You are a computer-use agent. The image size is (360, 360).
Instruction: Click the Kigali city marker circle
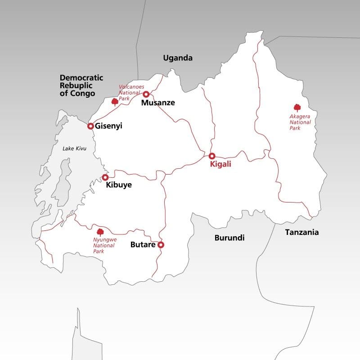212,156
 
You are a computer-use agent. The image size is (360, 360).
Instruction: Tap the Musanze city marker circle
146,94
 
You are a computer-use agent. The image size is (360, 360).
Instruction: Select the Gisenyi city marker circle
90,126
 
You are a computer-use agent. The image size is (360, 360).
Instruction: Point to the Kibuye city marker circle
105,177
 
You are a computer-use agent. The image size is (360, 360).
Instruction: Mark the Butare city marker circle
161,245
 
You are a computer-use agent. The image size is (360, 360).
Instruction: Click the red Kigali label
220,165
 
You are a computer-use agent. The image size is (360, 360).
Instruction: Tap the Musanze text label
158,103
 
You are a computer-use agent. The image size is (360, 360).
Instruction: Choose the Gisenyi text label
109,126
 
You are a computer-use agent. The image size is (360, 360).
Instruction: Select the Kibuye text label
119,184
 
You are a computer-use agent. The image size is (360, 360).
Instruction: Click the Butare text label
143,245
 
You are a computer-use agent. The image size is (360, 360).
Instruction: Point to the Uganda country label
178,58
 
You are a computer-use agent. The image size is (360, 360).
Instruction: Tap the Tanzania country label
302,232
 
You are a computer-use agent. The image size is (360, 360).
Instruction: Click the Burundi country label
229,238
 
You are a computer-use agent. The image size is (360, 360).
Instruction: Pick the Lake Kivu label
74,148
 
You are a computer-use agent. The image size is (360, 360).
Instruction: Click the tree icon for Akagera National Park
297,108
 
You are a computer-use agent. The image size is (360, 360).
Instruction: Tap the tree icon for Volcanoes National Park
115,102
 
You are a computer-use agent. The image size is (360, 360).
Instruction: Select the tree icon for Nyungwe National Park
100,232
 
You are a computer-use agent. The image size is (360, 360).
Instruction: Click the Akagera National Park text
297,122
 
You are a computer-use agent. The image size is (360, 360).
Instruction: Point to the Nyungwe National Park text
104,246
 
